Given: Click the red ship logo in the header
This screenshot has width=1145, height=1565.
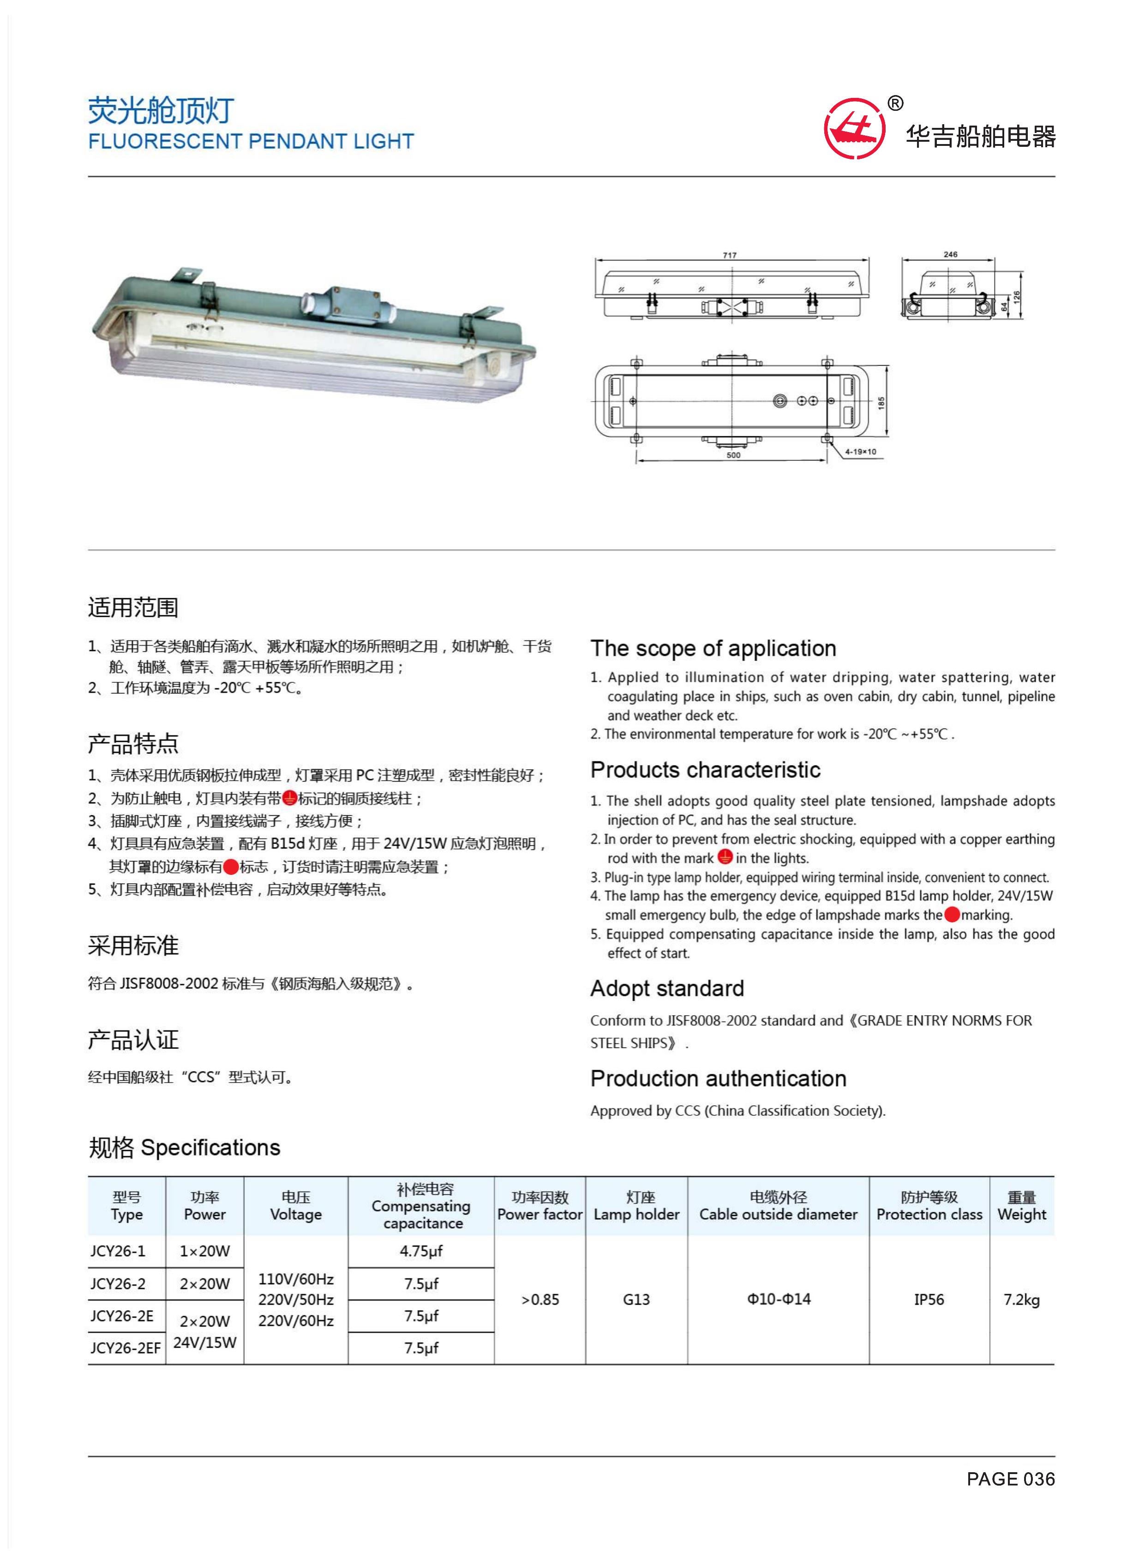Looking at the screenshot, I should point(854,129).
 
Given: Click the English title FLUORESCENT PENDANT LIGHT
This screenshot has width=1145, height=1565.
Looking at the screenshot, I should point(251,141).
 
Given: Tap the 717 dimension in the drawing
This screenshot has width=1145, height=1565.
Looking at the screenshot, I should point(730,255).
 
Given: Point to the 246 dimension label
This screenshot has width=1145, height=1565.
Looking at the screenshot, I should point(950,254).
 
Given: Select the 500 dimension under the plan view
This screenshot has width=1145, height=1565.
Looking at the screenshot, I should point(733,456).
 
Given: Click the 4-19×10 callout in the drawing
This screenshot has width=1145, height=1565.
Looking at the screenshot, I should point(860,452).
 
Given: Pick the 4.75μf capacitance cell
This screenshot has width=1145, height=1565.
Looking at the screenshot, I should point(421,1251).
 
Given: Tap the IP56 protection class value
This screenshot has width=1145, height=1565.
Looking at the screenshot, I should point(929,1300).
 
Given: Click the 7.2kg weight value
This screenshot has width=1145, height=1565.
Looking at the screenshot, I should point(1022,1300).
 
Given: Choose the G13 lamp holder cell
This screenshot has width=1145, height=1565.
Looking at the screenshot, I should point(636,1300).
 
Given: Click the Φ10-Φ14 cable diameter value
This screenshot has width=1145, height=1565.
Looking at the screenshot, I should point(779,1300).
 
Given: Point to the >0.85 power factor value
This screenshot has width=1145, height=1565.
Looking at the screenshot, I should point(540,1300).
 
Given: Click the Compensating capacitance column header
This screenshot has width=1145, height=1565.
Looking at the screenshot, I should point(421,1206).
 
